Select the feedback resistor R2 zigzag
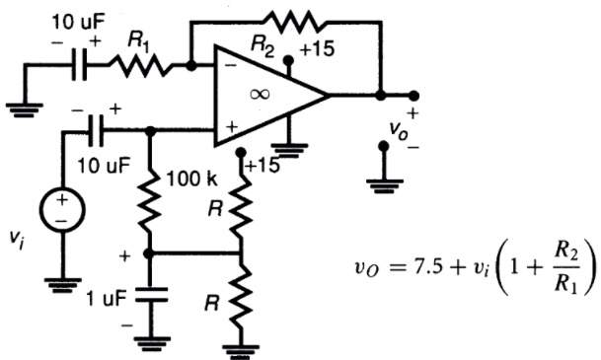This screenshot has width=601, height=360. [295, 19]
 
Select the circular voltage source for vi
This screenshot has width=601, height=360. [62, 209]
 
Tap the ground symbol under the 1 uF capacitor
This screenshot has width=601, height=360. [149, 343]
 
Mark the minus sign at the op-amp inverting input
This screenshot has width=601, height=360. [228, 66]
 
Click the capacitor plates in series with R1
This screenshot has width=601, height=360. [78, 65]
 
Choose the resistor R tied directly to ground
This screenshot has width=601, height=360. [242, 302]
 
